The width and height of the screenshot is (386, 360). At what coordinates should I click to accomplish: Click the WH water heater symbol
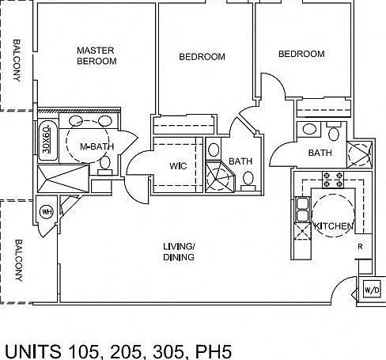click(x=47, y=211)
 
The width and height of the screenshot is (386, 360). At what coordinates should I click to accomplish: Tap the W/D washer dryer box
click(x=372, y=290)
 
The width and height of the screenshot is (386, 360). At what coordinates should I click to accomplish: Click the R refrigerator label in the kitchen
click(x=360, y=247)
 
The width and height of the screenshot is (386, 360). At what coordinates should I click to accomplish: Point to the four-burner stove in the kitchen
click(x=333, y=180)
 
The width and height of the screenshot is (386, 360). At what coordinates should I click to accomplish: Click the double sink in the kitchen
click(x=302, y=210)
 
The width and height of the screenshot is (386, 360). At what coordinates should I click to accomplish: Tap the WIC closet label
click(x=178, y=166)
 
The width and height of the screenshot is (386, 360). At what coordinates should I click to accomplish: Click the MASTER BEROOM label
click(x=96, y=55)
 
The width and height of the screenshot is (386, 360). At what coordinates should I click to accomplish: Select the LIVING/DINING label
click(x=179, y=252)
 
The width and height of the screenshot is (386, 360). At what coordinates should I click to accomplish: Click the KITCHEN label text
click(x=333, y=226)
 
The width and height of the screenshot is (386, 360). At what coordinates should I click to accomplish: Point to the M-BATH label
click(x=97, y=146)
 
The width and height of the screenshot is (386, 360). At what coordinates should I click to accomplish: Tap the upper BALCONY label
click(x=17, y=60)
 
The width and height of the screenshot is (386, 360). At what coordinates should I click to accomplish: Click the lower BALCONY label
click(x=18, y=260)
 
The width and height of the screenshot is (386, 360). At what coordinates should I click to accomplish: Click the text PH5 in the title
click(x=214, y=351)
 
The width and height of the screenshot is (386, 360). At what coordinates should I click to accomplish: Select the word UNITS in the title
click(x=33, y=351)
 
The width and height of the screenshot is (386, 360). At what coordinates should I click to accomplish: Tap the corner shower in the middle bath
click(x=220, y=176)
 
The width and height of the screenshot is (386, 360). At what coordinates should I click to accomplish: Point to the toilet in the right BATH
click(x=334, y=131)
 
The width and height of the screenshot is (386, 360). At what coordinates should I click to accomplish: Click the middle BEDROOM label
click(x=202, y=57)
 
